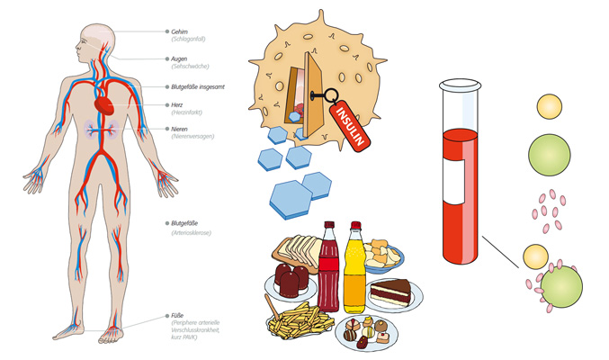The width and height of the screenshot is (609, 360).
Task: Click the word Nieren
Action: pyautogui.click(x=180, y=129)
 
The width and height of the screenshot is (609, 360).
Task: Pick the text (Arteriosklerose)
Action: pyautogui.click(x=192, y=233)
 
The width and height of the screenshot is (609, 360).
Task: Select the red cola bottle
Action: pyautogui.click(x=329, y=267)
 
